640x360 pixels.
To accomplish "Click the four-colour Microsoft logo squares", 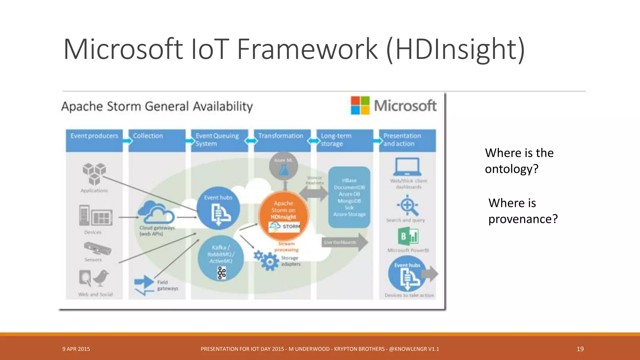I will point(360,105).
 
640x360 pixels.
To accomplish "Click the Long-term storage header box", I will point(345,140).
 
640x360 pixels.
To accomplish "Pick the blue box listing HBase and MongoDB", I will point(349,197).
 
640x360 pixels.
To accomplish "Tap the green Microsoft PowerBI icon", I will point(408,236).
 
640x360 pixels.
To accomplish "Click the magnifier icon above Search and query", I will point(407,206).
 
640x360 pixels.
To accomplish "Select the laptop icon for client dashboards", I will point(407,167).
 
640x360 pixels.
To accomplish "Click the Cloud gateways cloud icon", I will point(156,212).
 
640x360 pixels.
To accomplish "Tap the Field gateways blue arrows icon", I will point(144,284).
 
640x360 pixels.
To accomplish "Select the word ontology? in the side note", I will point(512,169).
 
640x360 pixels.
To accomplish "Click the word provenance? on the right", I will point(523,219).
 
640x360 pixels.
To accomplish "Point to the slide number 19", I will point(580,349).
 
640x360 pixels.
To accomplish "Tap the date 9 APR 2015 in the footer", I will point(76,349).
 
